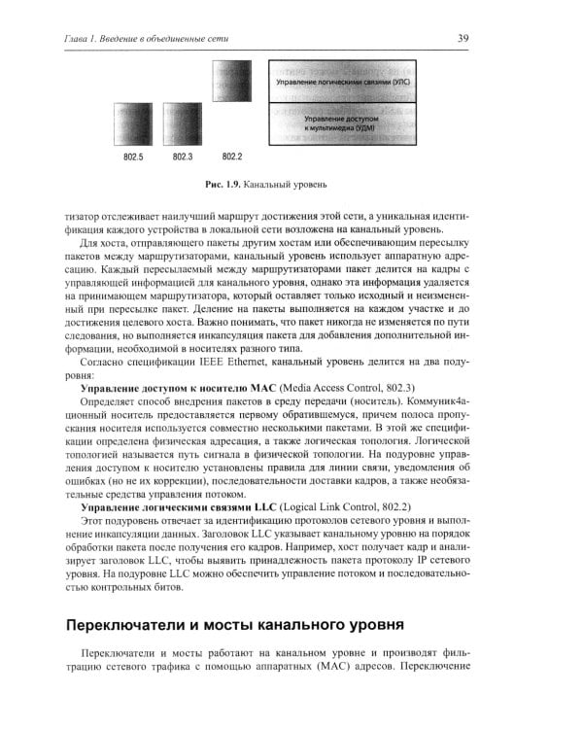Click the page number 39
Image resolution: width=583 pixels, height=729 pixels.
pos(463,38)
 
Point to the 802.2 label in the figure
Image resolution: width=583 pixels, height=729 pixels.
pos(231,156)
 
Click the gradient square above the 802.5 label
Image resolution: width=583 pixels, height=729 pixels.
pos(134,122)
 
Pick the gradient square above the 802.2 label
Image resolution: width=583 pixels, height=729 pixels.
pos(231,78)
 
